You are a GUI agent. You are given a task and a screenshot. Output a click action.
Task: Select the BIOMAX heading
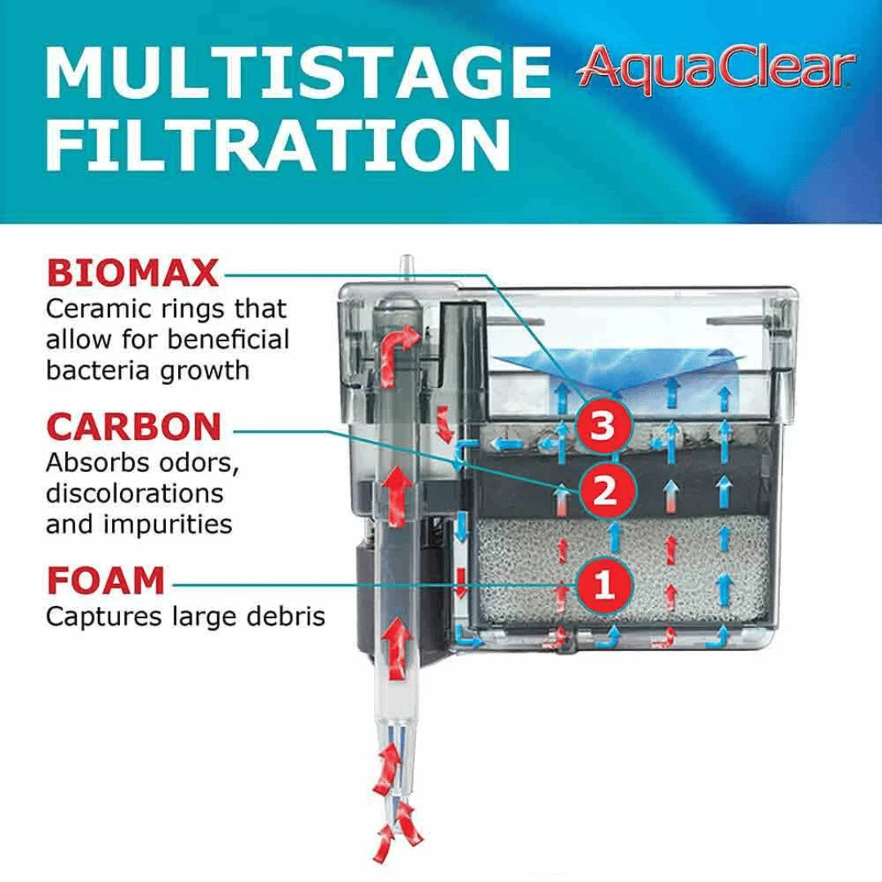pyautogui.click(x=133, y=273)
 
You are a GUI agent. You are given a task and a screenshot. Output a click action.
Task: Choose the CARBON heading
pyautogui.click(x=134, y=426)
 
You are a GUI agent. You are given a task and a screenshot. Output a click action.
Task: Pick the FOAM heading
pyautogui.click(x=105, y=581)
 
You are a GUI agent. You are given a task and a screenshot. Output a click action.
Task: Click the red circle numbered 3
pyautogui.click(x=602, y=425)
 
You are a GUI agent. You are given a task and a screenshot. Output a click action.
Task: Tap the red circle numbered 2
pyautogui.click(x=604, y=491)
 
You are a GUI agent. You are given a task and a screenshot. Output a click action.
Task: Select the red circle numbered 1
pyautogui.click(x=604, y=585)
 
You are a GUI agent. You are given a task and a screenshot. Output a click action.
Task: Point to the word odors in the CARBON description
pyautogui.click(x=196, y=463)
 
